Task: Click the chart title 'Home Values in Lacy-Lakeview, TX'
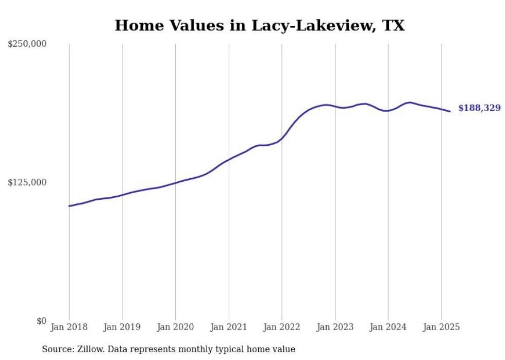(x=260, y=25)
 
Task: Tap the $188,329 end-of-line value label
(x=479, y=108)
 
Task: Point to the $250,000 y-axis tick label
(x=27, y=43)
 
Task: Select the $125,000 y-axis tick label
(x=27, y=182)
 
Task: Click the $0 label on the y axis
(x=42, y=321)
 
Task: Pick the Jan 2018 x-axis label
(x=69, y=327)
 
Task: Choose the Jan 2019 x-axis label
(x=122, y=327)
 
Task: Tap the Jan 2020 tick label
(x=175, y=327)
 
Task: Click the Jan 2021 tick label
(x=229, y=327)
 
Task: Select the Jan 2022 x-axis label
(x=282, y=327)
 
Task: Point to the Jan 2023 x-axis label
(x=335, y=327)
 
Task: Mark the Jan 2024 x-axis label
(x=388, y=327)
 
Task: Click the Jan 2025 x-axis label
(x=441, y=327)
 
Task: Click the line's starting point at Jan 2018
(x=69, y=206)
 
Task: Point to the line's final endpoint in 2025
(x=450, y=111)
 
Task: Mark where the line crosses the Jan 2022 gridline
(x=282, y=139)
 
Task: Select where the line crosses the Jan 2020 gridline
(x=176, y=183)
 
